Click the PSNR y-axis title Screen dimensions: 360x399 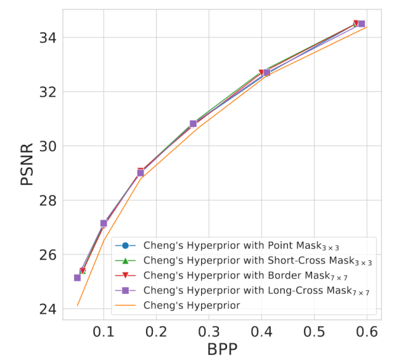tap(26, 164)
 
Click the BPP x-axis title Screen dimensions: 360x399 tap(223, 349)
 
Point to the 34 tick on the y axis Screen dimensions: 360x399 tap(47, 38)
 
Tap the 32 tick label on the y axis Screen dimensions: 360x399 tap(47, 92)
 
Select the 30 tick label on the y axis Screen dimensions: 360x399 tap(47, 146)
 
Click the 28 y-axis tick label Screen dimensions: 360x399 tap(47, 201)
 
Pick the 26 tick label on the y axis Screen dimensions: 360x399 tap(47, 255)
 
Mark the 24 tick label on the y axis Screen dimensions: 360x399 tap(47, 309)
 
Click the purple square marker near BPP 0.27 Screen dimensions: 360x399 tap(193, 124)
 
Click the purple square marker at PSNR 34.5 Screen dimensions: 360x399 tap(362, 24)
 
